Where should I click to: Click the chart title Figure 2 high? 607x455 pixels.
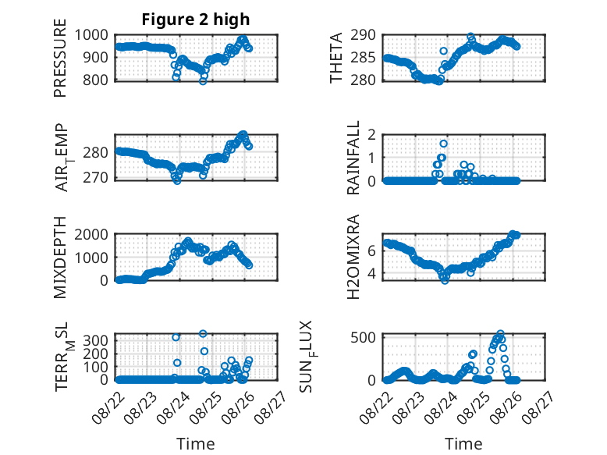(x=196, y=20)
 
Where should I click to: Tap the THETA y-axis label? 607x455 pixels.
(x=336, y=59)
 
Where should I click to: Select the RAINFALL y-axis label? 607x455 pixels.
(x=353, y=158)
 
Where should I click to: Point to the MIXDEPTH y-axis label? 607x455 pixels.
(x=61, y=258)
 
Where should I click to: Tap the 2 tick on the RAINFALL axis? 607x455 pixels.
(x=373, y=135)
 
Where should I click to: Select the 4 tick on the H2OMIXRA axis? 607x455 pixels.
(x=373, y=274)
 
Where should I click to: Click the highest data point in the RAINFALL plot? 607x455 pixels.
(x=443, y=144)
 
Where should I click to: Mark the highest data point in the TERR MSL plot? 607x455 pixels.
(x=203, y=333)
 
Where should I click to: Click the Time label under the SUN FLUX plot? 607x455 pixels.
(x=463, y=443)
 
